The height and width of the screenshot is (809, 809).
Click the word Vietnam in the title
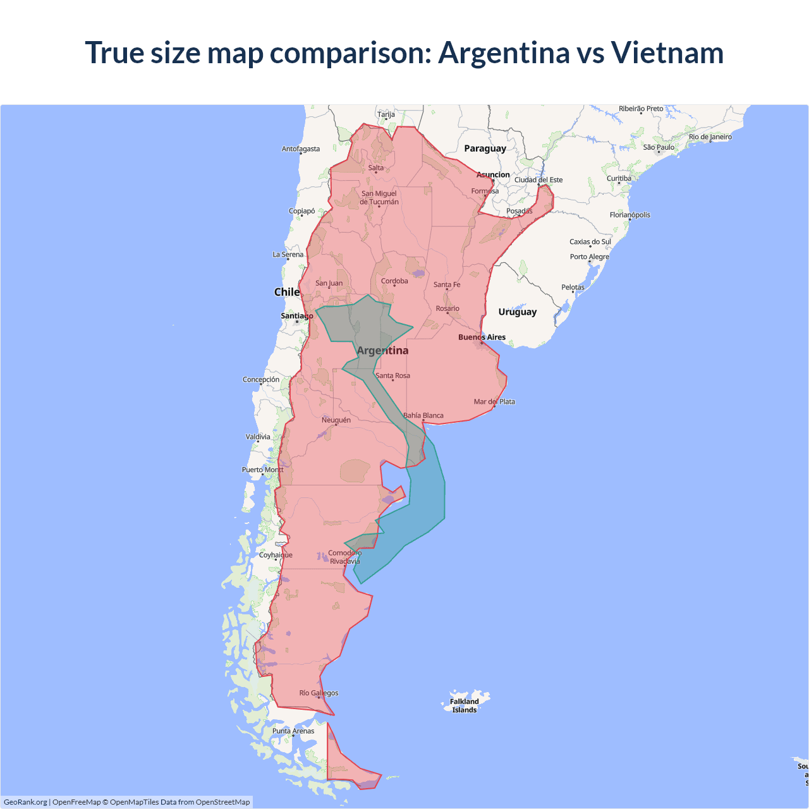pos(667,52)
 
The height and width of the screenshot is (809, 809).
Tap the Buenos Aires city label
pos(482,338)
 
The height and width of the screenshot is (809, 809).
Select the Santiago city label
pos(296,316)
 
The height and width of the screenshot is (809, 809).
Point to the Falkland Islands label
pos(465,705)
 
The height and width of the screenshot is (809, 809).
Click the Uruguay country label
pos(517,312)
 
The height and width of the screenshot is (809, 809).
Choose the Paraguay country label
pos(485,149)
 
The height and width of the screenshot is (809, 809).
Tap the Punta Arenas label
pos(293,731)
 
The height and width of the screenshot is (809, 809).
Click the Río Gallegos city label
pos(319,693)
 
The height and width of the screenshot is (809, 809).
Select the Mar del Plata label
pos(494,402)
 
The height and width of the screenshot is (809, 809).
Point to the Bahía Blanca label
pos(423,416)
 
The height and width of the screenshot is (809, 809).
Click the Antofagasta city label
pos(301,149)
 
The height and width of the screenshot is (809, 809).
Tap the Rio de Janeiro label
pos(710,137)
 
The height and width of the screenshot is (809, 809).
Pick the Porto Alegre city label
pos(589,257)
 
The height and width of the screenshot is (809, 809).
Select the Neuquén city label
pos(336,420)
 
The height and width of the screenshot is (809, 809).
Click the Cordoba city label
pos(394,281)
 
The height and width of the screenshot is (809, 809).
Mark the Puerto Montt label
pos(263,470)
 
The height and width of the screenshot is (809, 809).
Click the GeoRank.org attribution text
pos(25,802)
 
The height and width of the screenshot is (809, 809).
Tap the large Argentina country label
pos(382,351)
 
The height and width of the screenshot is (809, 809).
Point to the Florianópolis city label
pos(630,215)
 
